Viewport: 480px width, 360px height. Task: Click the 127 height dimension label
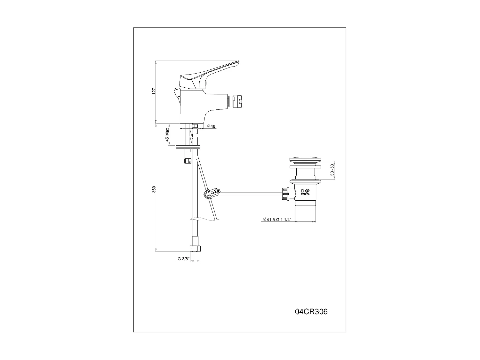(154, 91)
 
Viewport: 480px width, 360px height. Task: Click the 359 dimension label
(154, 189)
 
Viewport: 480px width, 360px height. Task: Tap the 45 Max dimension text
(167, 135)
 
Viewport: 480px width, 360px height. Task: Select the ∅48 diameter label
(211, 126)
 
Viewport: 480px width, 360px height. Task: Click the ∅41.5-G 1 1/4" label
(277, 220)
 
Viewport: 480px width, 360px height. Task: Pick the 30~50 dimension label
(332, 170)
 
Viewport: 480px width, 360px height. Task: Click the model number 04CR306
(311, 312)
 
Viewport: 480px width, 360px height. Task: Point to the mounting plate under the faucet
(188, 147)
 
